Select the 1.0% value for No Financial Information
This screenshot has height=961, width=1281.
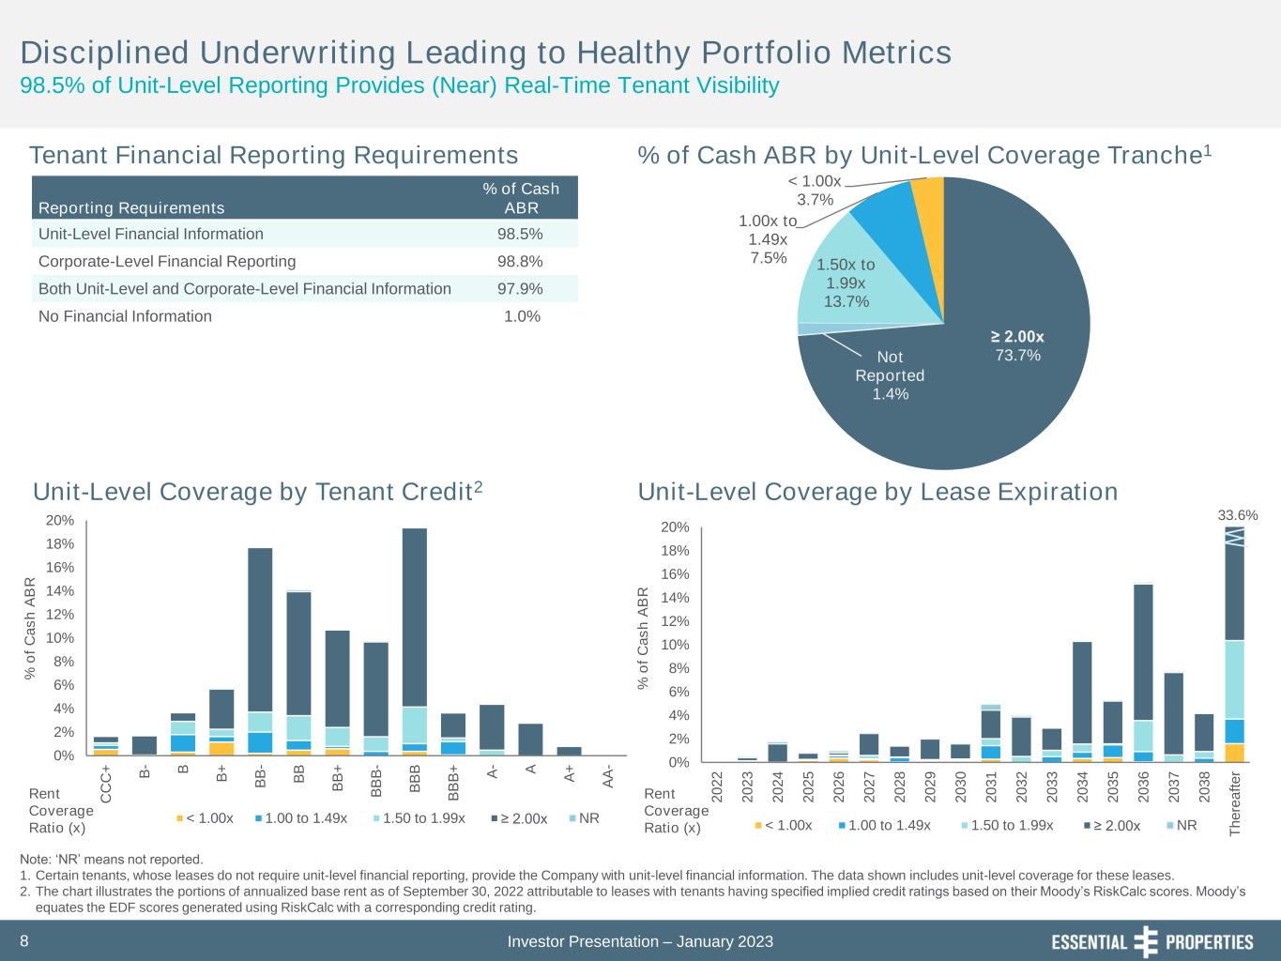(522, 316)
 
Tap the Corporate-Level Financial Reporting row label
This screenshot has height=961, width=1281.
(167, 261)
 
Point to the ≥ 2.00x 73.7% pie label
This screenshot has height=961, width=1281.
(1017, 345)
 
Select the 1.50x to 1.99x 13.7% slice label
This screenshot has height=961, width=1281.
(846, 282)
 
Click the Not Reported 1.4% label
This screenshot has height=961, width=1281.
(890, 375)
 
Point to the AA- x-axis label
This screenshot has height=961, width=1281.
(608, 777)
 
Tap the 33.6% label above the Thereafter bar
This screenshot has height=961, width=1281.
(1237, 515)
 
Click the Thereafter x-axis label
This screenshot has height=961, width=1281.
(1235, 803)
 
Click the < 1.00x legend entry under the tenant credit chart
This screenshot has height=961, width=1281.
(206, 818)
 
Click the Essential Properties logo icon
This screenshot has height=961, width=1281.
(1146, 941)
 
